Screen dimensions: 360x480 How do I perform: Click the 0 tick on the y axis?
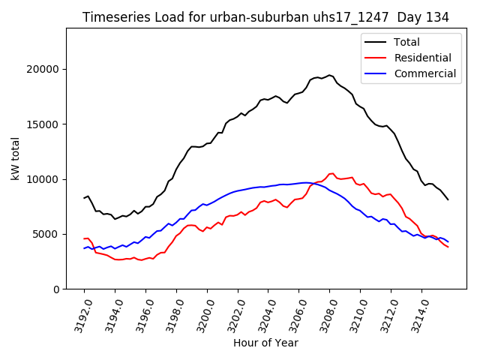pyautogui.click(x=56, y=289)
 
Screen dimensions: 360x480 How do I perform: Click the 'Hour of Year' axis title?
pyautogui.click(x=265, y=343)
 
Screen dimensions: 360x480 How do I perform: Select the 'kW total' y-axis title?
pyautogui.click(x=15, y=159)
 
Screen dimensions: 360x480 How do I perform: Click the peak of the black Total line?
pyautogui.click(x=329, y=75)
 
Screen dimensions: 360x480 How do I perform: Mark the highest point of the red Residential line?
pyautogui.click(x=331, y=173)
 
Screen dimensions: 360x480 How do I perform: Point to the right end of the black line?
pyautogui.click(x=448, y=199)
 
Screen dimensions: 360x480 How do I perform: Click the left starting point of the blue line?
pyautogui.click(x=84, y=248)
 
